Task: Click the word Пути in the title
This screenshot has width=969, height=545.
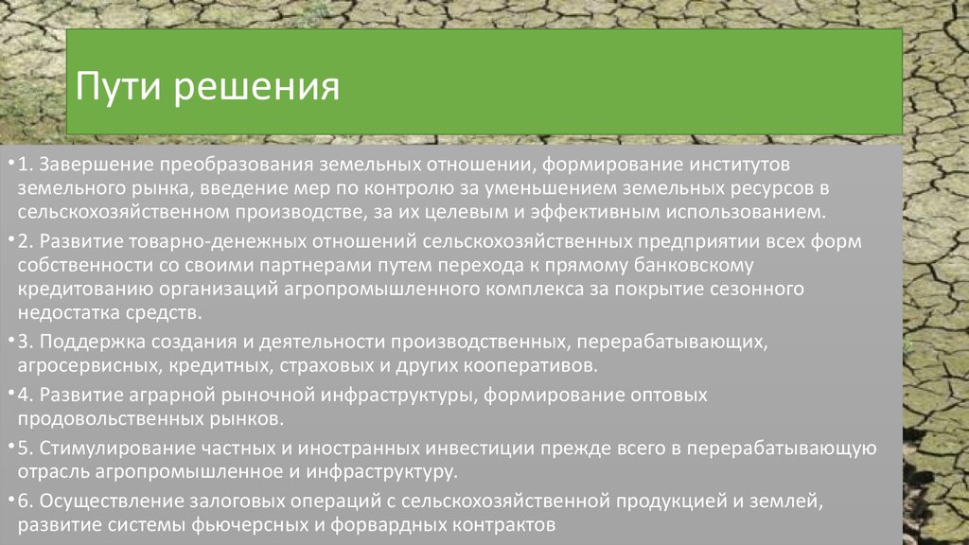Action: (115, 88)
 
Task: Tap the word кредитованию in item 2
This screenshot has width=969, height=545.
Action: (82, 288)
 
